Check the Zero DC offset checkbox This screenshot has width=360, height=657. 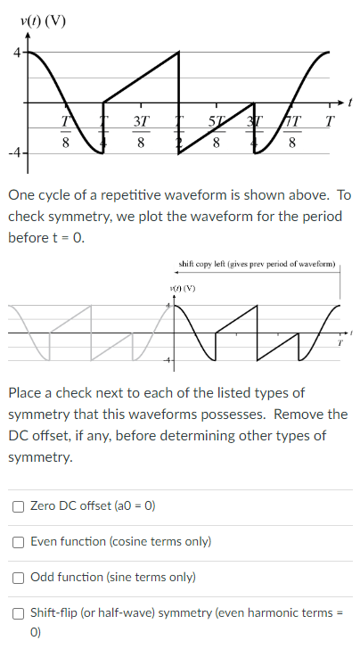[x=19, y=505]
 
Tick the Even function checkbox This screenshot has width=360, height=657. [x=19, y=541]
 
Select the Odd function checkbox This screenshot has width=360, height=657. [x=19, y=577]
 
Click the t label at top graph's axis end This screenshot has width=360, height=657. [x=352, y=103]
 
